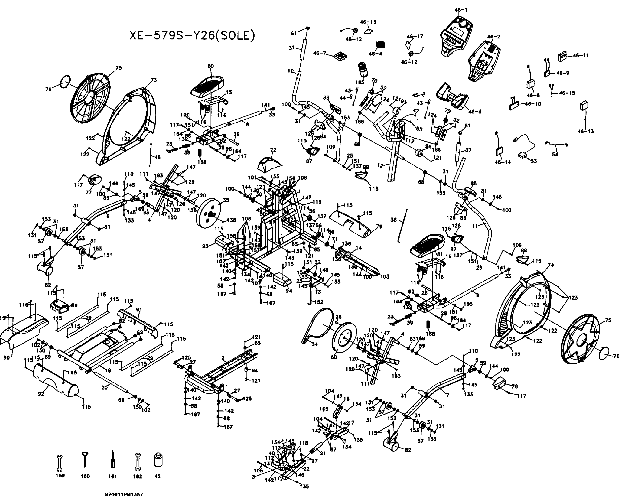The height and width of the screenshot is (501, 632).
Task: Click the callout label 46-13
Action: (x=585, y=131)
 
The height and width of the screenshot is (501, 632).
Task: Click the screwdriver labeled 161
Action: (x=112, y=461)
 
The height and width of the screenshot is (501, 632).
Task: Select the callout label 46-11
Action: (x=580, y=55)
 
